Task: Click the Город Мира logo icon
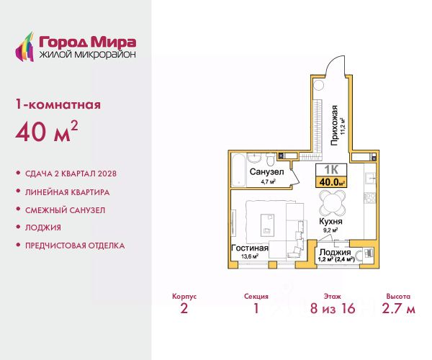[x=24, y=47]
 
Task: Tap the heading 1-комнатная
[x=58, y=104]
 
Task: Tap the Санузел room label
[x=266, y=172]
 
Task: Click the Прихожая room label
[x=334, y=125]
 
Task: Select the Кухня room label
[x=330, y=222]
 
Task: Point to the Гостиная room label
[x=250, y=248]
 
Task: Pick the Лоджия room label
[x=335, y=252]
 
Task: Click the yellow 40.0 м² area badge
[x=331, y=182]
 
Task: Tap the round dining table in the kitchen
[x=332, y=203]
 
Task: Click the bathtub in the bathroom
[x=238, y=171]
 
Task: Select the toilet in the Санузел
[x=270, y=159]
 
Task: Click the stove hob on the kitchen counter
[x=370, y=197]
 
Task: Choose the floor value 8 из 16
[x=333, y=308]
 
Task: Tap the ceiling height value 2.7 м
[x=398, y=308]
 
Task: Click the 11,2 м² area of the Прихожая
[x=343, y=127]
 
